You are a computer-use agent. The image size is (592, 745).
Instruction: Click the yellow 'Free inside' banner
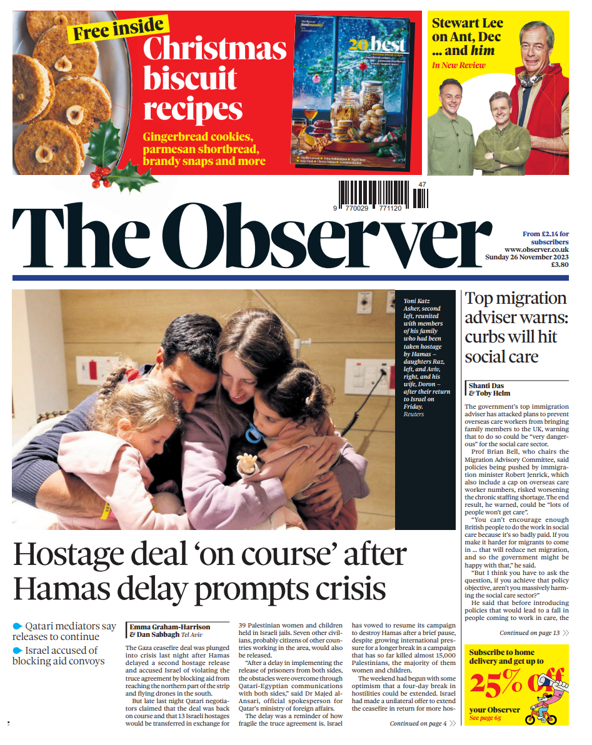point(118,29)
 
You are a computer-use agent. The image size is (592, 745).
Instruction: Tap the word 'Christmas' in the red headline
point(214,49)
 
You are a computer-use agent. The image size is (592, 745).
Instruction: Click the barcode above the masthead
point(384,194)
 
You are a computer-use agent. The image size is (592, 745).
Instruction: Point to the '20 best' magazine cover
point(353,94)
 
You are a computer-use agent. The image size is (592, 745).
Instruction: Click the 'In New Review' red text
point(454,65)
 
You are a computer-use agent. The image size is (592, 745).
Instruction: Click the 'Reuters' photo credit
point(413,414)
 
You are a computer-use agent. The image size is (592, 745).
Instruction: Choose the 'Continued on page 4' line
point(418,724)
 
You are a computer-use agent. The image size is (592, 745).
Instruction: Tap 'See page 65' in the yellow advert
point(485,719)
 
